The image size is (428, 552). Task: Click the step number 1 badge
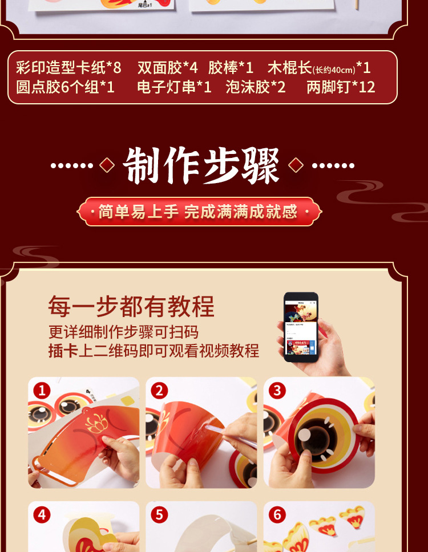[42, 391]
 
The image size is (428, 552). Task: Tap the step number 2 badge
[159, 391]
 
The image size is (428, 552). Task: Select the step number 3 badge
[277, 391]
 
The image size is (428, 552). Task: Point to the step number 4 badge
[42, 515]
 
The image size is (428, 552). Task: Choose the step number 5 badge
[159, 515]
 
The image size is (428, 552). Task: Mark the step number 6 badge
[277, 515]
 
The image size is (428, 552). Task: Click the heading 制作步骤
[201, 166]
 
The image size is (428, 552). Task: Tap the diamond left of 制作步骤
[107, 165]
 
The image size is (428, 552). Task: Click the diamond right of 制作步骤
[296, 165]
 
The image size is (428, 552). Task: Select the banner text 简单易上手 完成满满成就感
[198, 212]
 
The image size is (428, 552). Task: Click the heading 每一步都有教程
[131, 306]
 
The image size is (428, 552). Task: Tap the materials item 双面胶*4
[167, 68]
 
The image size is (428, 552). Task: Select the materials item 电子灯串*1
[174, 87]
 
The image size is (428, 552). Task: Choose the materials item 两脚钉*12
[341, 87]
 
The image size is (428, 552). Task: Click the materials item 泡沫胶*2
[255, 87]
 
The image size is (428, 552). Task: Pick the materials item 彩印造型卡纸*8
[68, 68]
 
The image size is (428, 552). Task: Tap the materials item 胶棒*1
[231, 68]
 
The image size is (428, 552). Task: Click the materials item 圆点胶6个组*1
[65, 87]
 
